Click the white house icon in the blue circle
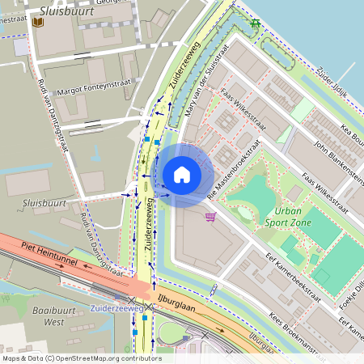pos(182,174)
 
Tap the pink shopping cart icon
pos(211,217)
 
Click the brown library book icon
pos(37,23)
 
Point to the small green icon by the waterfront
pos(256,23)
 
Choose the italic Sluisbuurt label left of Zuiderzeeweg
pos(44,203)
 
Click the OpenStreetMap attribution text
pos(82,358)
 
